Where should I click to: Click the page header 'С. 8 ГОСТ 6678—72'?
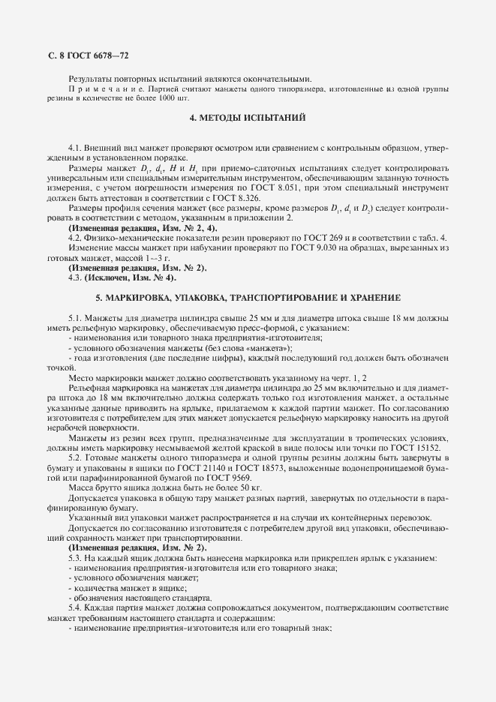pos(89,55)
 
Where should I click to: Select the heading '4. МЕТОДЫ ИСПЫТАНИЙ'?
pos(247,118)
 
